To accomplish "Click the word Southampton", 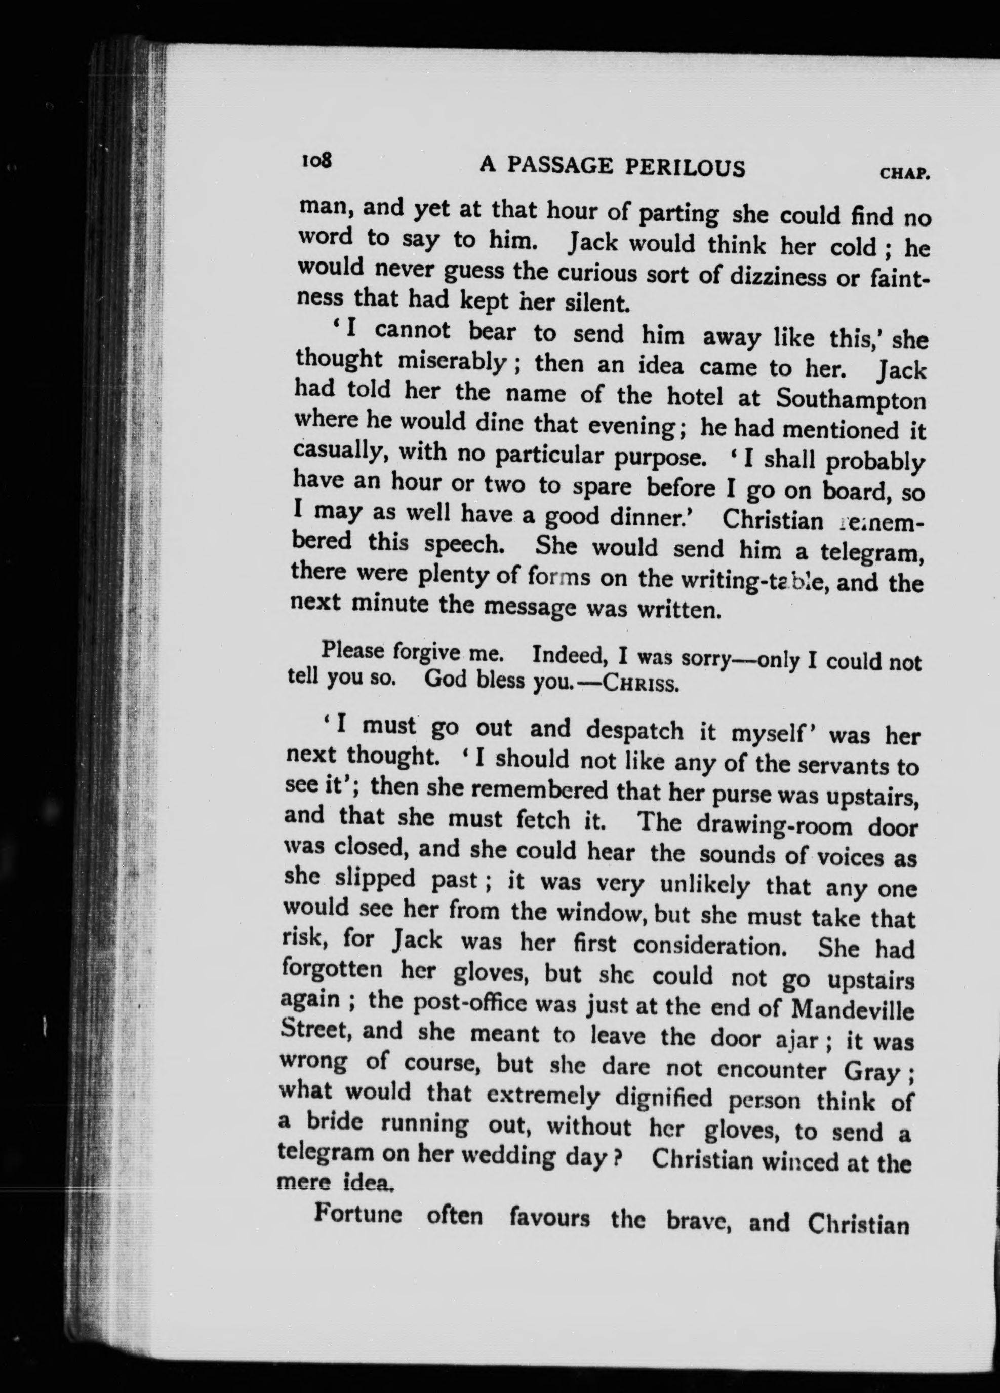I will [x=851, y=400].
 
